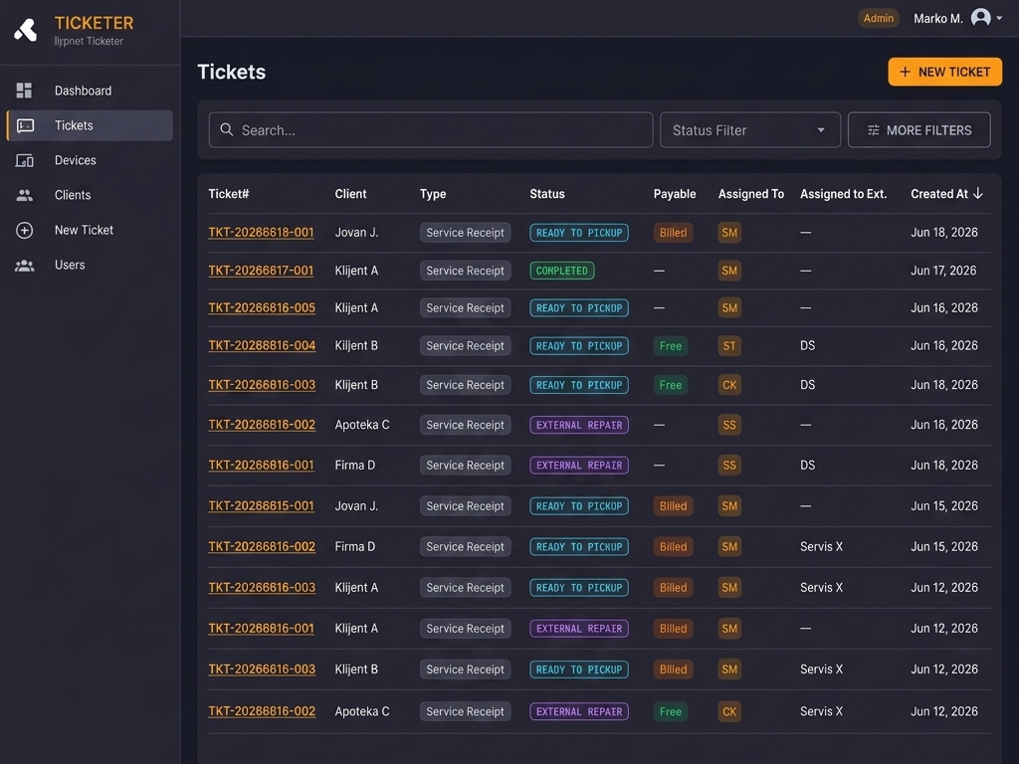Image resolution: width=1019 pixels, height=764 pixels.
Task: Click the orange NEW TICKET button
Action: coord(945,72)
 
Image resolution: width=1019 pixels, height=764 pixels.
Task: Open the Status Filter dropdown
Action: coord(750,130)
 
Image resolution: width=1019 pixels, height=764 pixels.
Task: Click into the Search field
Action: coord(431,130)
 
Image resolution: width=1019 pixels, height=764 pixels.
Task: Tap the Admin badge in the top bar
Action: coord(878,18)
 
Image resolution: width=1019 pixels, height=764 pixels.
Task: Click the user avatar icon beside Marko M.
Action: coord(980,18)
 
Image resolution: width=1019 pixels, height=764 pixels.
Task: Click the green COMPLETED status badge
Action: coord(561,271)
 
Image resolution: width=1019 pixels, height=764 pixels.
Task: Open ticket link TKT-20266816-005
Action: coord(262,308)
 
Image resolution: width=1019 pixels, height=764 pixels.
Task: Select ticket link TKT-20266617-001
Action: coord(261,271)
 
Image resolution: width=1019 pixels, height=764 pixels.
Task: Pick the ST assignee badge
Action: coord(729,345)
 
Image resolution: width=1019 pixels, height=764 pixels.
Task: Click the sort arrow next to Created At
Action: coord(978,194)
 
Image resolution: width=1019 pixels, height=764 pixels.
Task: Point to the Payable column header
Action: coord(675,194)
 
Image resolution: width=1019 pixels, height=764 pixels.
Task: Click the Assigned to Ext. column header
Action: coord(844,194)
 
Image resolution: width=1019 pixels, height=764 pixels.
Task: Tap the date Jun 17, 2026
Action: coord(943,271)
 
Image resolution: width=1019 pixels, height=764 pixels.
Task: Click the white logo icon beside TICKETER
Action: coord(26,30)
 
